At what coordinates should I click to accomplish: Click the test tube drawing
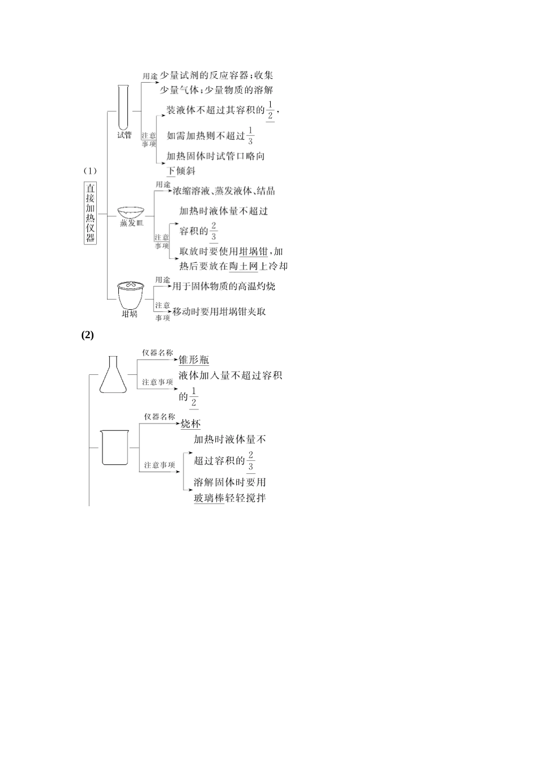(x=124, y=108)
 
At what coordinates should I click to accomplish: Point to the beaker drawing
(x=115, y=447)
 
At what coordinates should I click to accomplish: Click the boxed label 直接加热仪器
(x=91, y=213)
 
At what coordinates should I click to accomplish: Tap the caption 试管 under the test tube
(x=124, y=135)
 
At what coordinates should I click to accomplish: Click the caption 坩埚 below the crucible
(x=130, y=314)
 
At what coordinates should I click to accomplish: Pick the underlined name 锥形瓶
(x=194, y=360)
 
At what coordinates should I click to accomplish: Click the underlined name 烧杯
(x=190, y=424)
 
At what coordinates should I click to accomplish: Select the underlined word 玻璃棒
(x=209, y=498)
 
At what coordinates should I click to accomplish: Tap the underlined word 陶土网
(x=244, y=266)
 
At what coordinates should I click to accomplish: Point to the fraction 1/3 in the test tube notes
(x=250, y=136)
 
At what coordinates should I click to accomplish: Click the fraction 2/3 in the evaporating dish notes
(x=214, y=231)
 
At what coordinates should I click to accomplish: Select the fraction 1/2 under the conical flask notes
(x=194, y=397)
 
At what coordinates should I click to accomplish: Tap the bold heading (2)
(x=87, y=335)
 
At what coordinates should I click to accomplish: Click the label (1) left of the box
(x=91, y=170)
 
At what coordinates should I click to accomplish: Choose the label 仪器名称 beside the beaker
(x=160, y=417)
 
